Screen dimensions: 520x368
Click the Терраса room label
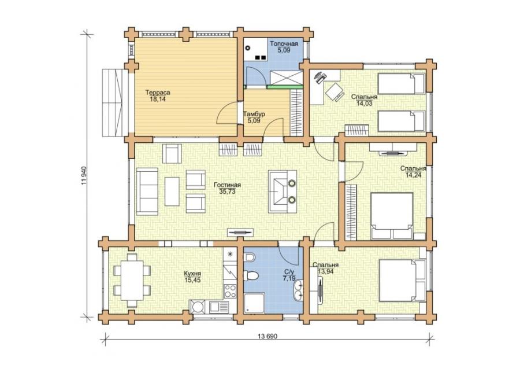tap(158, 93)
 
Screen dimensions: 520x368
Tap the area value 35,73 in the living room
tap(228, 192)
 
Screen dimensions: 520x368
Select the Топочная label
tap(284, 44)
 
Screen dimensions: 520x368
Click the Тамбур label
tap(254, 114)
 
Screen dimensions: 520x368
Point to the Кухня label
tap(192, 274)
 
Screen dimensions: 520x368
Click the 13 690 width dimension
tap(267, 336)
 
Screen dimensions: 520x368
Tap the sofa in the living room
tap(147, 192)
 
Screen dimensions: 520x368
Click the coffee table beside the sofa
tap(172, 192)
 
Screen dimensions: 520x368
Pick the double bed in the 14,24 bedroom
tap(392, 216)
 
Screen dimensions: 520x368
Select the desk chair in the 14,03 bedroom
tap(335, 91)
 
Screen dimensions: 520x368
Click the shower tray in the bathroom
tap(254, 303)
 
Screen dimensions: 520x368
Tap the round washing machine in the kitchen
tap(198, 307)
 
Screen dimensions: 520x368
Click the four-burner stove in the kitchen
tap(230, 291)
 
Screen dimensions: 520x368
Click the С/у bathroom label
tap(288, 273)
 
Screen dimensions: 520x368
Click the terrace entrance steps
tap(115, 102)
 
